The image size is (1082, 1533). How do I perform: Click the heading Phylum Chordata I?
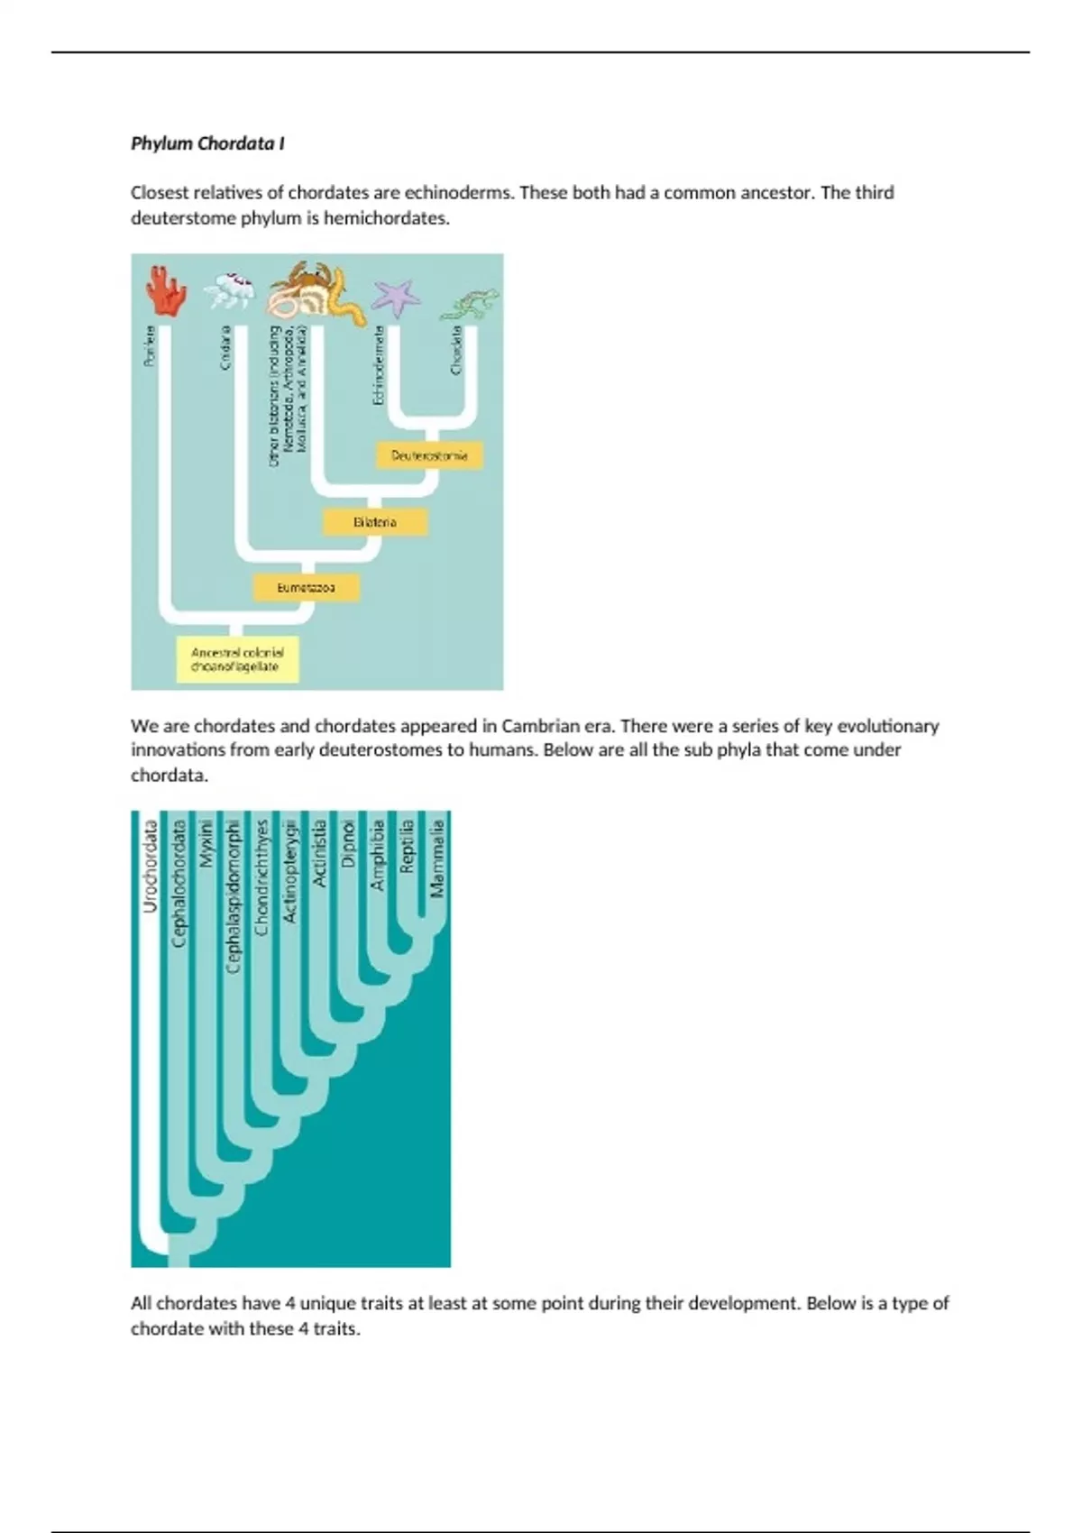[207, 143]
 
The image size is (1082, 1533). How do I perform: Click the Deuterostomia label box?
[429, 455]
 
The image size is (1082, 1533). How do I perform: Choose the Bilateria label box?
[375, 522]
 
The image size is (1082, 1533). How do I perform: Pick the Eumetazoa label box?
[306, 588]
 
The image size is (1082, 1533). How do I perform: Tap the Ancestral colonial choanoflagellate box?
[237, 659]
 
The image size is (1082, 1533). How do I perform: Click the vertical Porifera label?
[150, 345]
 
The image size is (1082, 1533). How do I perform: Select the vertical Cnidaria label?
[225, 346]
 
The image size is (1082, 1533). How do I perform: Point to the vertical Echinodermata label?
[379, 364]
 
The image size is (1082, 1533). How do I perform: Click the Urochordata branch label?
[151, 865]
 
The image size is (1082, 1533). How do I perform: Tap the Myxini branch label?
[206, 843]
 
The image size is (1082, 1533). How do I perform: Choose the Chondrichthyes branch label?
[262, 877]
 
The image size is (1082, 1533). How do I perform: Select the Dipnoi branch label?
[348, 843]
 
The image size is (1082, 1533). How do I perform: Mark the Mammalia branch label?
[437, 858]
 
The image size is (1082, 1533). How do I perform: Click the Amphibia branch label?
[377, 854]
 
